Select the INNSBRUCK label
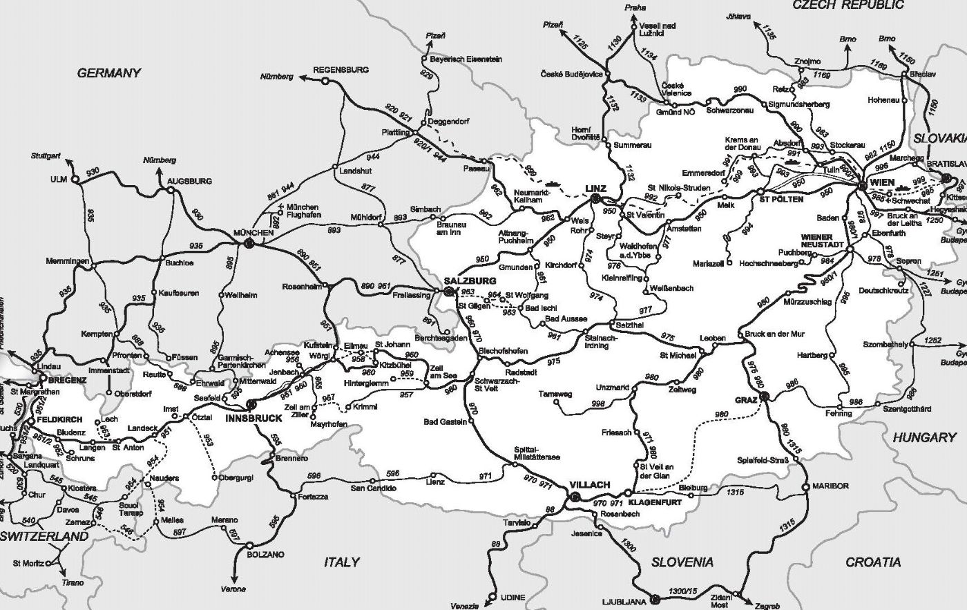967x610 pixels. tap(254, 418)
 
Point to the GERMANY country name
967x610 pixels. tap(108, 73)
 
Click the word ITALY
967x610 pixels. tap(342, 562)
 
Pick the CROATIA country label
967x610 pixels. tap(873, 562)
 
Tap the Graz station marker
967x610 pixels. tap(764, 397)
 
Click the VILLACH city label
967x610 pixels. tap(590, 484)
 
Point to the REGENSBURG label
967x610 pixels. tap(341, 70)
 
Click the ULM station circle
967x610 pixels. tap(76, 181)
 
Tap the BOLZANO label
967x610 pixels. tap(265, 554)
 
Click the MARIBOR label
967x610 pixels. tap(830, 486)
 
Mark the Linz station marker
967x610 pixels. tap(595, 199)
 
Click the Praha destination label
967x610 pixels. tap(635, 8)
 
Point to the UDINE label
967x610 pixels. tap(512, 597)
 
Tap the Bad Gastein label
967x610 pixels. tap(446, 421)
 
